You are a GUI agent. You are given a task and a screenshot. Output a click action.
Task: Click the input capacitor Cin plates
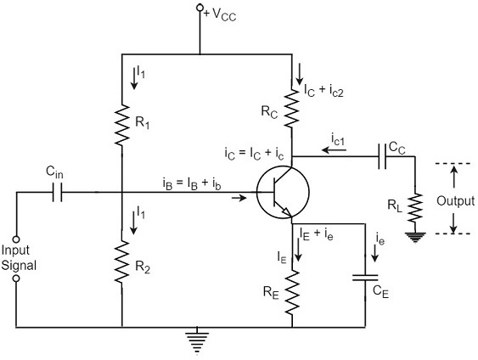(x=57, y=194)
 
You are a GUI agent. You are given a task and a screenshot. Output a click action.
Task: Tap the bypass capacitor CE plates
(x=366, y=277)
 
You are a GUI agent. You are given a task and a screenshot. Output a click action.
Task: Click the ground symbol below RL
(x=415, y=237)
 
